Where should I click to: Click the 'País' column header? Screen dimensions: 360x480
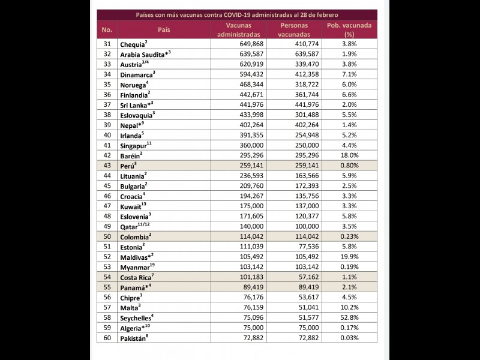(x=164, y=29)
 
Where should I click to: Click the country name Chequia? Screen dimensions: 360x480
(x=132, y=44)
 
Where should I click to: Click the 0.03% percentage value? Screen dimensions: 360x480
(x=350, y=338)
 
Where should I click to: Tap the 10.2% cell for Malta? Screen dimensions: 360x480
(x=350, y=308)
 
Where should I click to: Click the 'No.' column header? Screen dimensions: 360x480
(x=107, y=29)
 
